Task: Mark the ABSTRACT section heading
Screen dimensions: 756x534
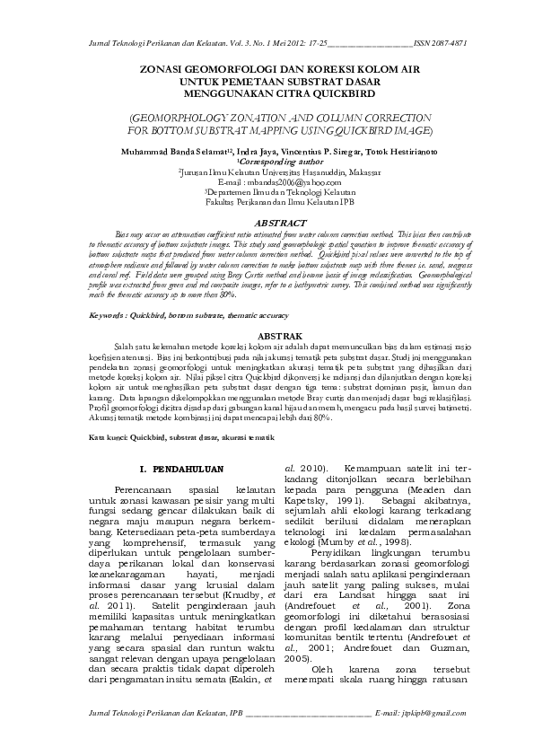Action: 267,221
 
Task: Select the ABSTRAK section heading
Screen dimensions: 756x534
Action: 267,335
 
